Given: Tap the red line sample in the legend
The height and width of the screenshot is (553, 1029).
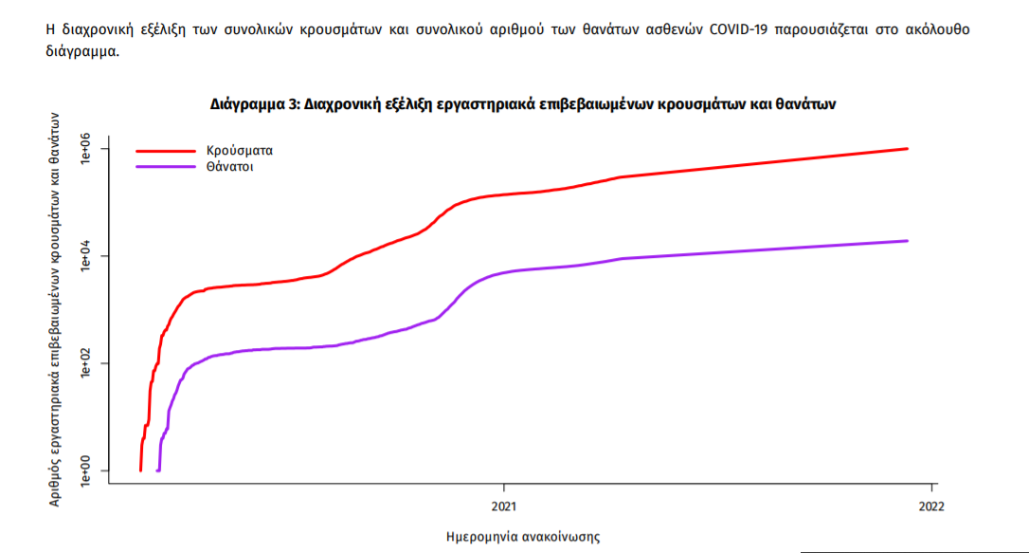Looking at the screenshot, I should [x=167, y=150].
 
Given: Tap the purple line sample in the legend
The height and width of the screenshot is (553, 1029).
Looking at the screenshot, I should [x=167, y=167].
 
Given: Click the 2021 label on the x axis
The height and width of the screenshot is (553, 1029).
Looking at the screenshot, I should [x=503, y=506].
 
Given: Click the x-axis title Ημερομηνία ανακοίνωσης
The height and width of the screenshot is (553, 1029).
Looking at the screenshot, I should [x=522, y=537].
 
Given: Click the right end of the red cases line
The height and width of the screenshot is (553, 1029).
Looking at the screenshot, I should [x=907, y=149].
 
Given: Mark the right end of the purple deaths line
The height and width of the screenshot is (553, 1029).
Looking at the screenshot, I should [x=907, y=241].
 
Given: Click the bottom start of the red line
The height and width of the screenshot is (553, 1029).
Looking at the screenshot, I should [x=140, y=470].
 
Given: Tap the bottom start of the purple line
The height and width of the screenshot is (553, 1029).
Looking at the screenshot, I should [x=157, y=470].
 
